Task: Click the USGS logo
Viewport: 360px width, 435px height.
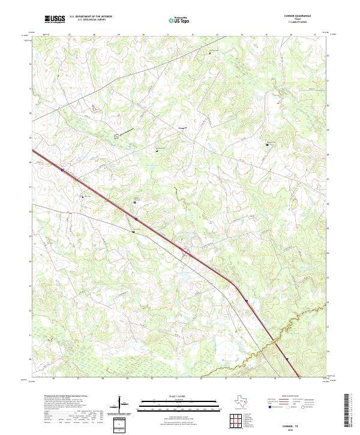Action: pyautogui.click(x=55, y=19)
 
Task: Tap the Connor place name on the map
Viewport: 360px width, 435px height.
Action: pyautogui.click(x=183, y=128)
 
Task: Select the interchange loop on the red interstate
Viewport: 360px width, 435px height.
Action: pyautogui.click(x=187, y=253)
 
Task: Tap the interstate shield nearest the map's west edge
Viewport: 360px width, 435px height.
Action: pyautogui.click(x=62, y=170)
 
